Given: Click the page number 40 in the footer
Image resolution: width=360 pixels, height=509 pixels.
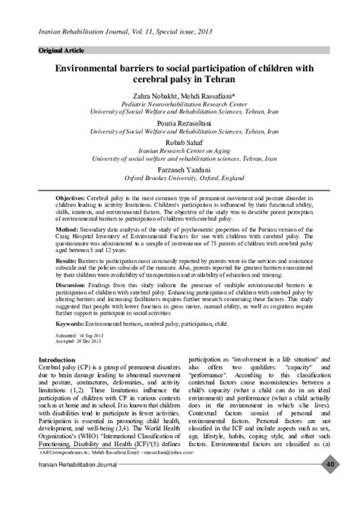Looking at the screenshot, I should coord(331,486).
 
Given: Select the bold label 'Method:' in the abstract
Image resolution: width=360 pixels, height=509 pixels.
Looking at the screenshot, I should coord(66,228).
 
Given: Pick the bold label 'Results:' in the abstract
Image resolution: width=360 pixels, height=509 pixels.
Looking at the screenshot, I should coord(66,260).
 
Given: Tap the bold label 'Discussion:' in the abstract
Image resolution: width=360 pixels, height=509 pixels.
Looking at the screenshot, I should coord(73,284).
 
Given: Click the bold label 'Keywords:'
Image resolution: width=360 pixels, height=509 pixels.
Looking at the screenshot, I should coord(72,322).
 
